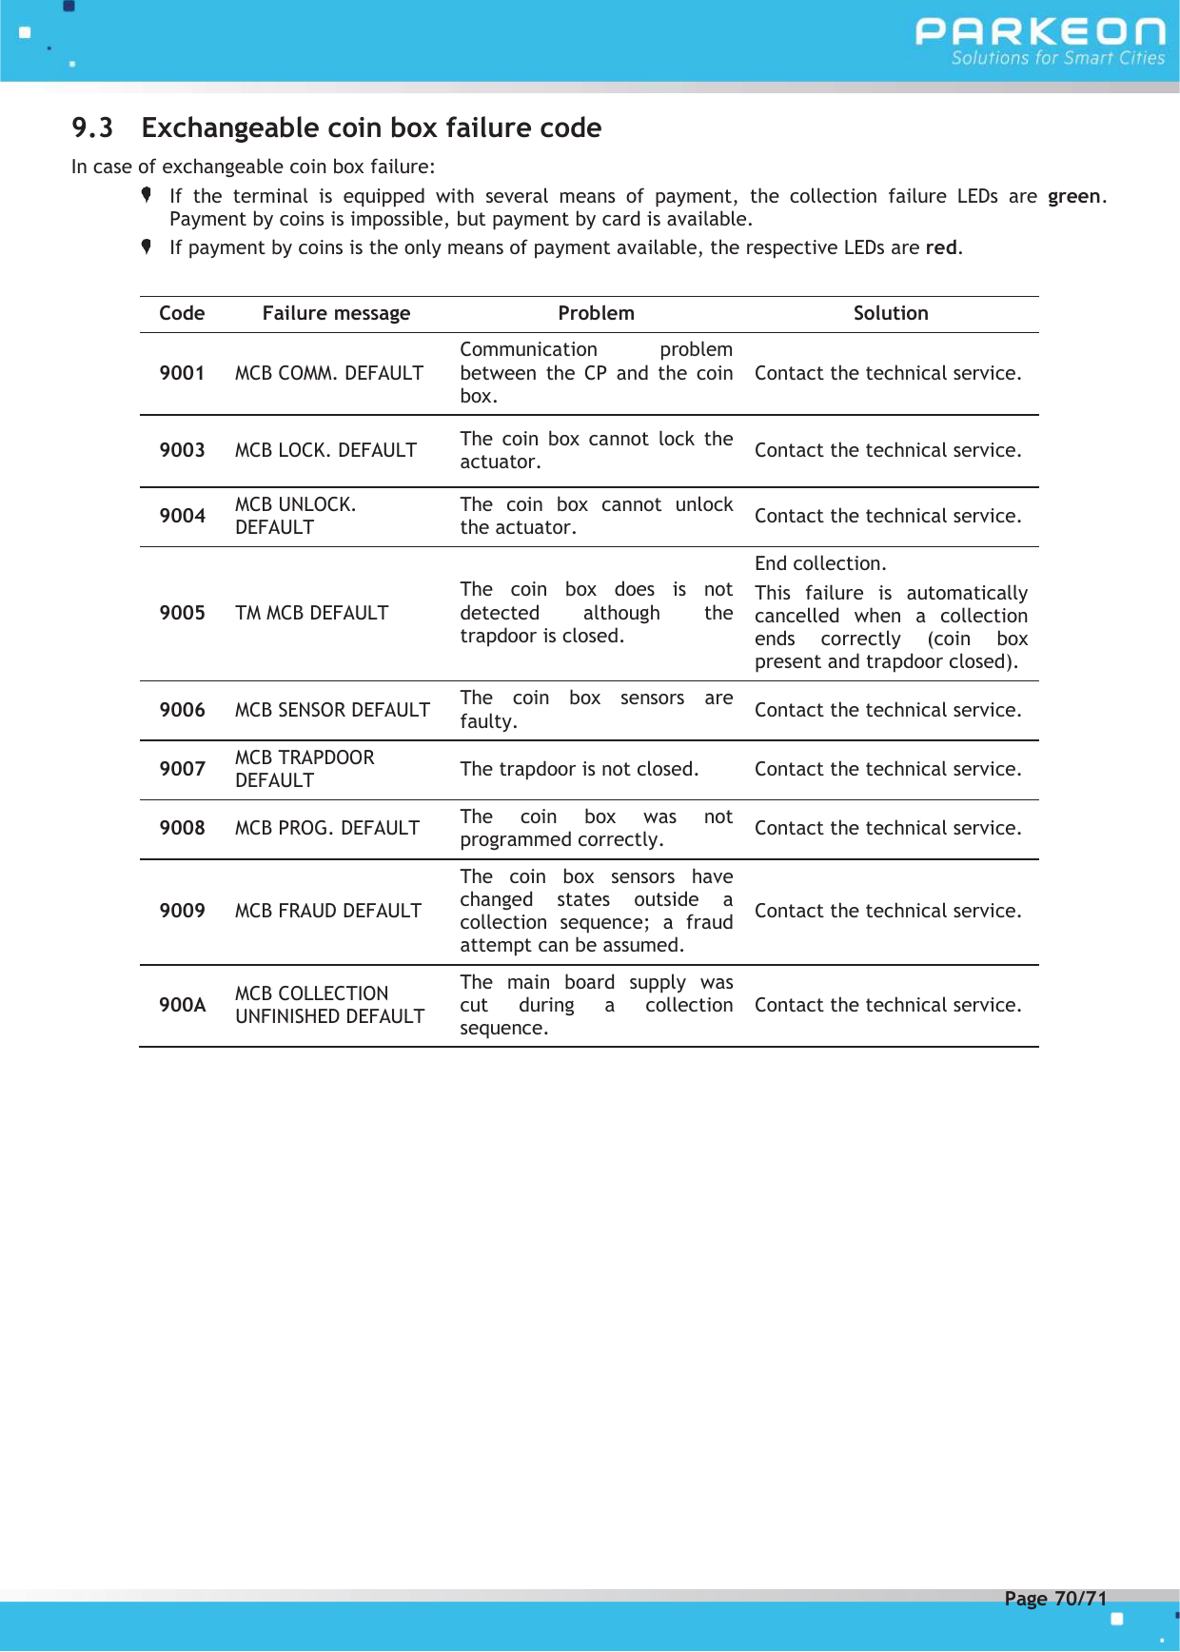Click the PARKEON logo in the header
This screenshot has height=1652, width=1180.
(x=1039, y=32)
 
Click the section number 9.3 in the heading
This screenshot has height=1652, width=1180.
(x=92, y=128)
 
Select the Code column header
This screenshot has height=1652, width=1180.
(x=182, y=313)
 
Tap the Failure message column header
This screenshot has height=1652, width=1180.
(x=336, y=313)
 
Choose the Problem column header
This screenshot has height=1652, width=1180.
(x=596, y=313)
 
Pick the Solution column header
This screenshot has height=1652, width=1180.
(x=890, y=313)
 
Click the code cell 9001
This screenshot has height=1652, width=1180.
(x=182, y=373)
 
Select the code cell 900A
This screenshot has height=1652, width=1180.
(x=182, y=1005)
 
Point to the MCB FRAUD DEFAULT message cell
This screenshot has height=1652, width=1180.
(x=327, y=911)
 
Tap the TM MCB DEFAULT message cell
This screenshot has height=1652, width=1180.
(x=311, y=613)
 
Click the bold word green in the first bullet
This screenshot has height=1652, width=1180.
(x=1073, y=196)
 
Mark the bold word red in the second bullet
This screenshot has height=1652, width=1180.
(x=940, y=247)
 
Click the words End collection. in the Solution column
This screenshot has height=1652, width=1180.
(x=820, y=563)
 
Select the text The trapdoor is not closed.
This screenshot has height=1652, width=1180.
(x=579, y=769)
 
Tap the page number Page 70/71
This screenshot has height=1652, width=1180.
(x=1055, y=1599)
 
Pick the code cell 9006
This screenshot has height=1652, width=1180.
(x=182, y=710)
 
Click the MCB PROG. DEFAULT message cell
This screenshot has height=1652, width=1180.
(x=326, y=828)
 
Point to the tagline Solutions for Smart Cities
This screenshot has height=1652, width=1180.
(x=1057, y=58)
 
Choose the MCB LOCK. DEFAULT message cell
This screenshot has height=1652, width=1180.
(x=325, y=450)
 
